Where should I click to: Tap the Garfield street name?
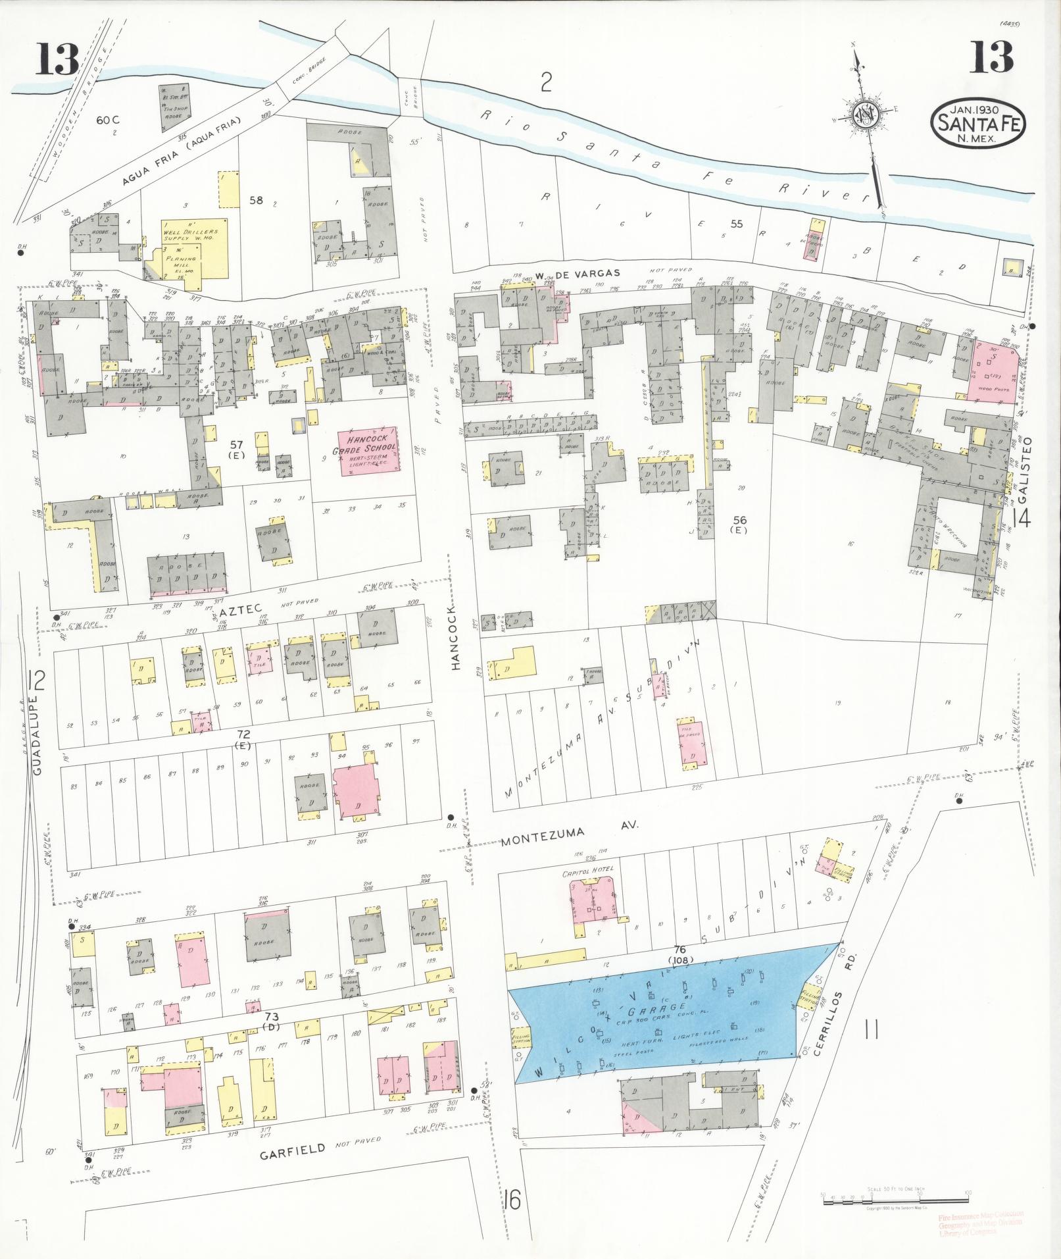[292, 1150]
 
